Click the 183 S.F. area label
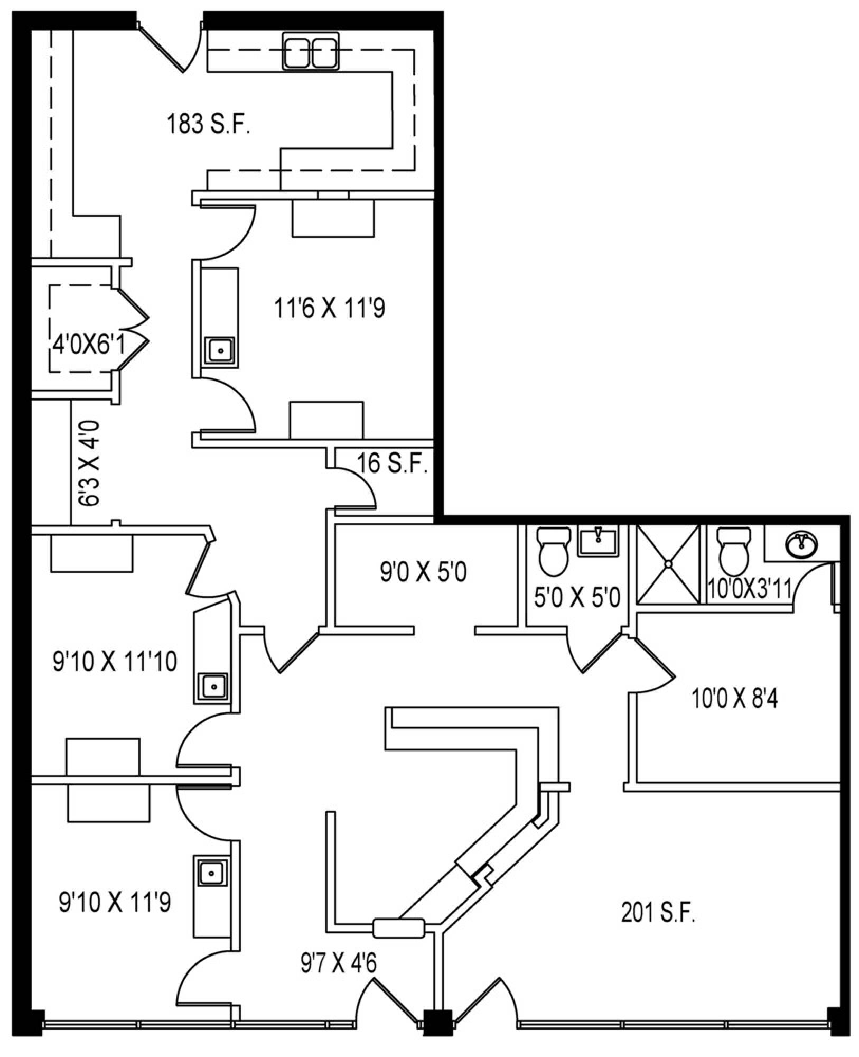coord(208,125)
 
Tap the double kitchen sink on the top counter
coord(311,51)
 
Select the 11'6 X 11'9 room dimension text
coord(329,308)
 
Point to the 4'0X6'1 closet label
coord(88,346)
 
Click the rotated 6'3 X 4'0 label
coord(89,463)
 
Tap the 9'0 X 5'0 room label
coord(423,572)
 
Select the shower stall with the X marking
coord(668,564)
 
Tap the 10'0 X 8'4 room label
coord(734,699)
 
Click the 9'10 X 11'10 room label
coord(115,661)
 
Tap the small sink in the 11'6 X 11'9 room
coord(219,350)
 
